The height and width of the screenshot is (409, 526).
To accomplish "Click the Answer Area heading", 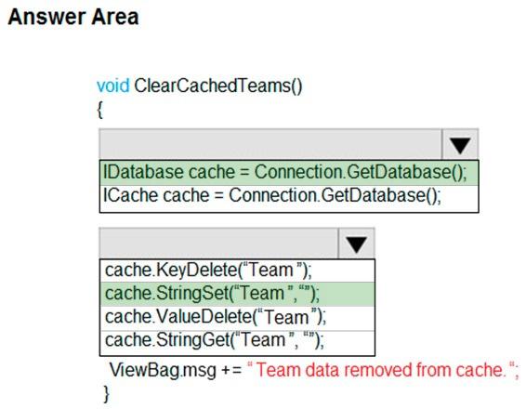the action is (x=73, y=17).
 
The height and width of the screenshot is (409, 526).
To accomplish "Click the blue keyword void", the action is (x=113, y=86).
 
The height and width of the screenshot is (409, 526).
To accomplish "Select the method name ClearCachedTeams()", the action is (x=218, y=86).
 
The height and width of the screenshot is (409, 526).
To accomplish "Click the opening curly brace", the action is (x=100, y=110).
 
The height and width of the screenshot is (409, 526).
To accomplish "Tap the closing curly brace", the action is (x=106, y=393).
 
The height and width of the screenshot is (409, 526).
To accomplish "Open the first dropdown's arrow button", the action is (x=460, y=145).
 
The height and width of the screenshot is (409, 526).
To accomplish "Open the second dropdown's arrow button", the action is (x=356, y=244).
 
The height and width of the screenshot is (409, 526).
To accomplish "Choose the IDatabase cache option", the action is (x=284, y=172).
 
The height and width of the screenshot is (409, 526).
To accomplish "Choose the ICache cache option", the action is (x=272, y=195).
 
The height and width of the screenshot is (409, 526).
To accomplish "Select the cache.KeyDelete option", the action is (x=209, y=270).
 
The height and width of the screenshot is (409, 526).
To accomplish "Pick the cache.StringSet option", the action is (x=212, y=294).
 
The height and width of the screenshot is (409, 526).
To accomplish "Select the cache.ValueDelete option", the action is (x=216, y=317).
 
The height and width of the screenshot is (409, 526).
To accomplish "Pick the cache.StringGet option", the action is (x=215, y=340).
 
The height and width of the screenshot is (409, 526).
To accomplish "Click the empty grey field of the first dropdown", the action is (x=270, y=145).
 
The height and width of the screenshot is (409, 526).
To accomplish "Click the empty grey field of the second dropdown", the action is (x=218, y=244).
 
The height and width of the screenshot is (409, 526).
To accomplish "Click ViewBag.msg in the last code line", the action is (x=163, y=370).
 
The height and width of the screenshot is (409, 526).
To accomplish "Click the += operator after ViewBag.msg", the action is (x=231, y=370).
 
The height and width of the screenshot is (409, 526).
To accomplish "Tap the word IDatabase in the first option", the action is (x=143, y=171).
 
